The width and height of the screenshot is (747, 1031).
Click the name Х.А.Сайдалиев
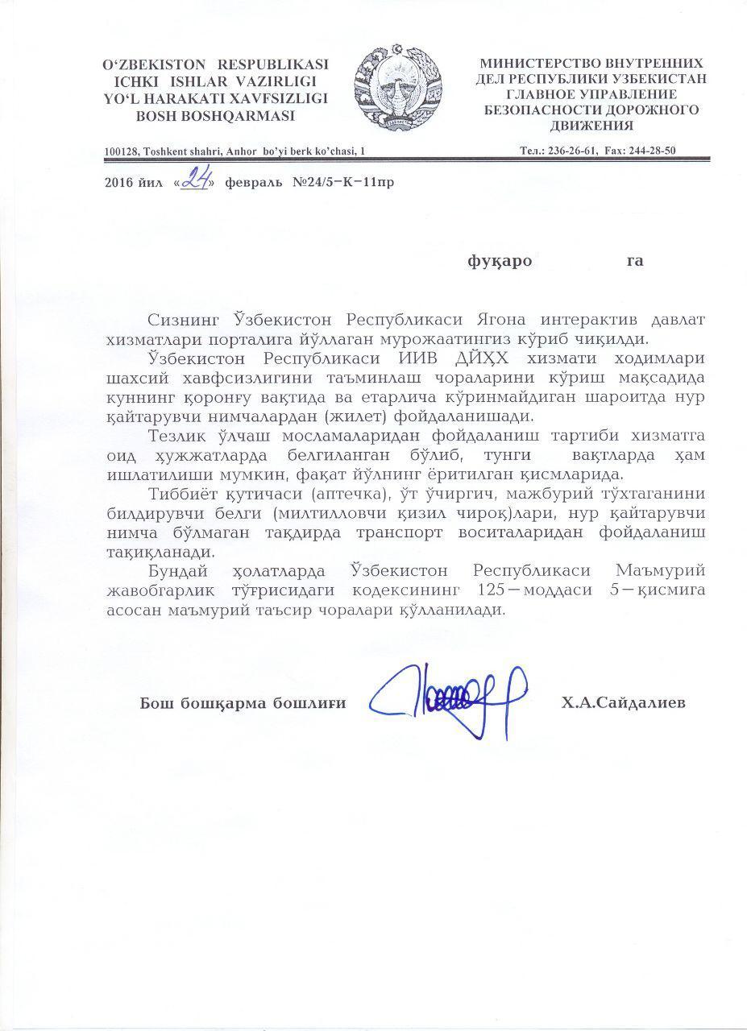tap(625, 703)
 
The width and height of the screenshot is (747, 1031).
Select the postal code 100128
tap(122, 151)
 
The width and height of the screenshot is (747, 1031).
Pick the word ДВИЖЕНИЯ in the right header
tap(592, 126)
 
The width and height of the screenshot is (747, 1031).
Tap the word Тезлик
tap(178, 437)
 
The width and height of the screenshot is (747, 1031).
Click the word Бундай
tap(180, 572)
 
